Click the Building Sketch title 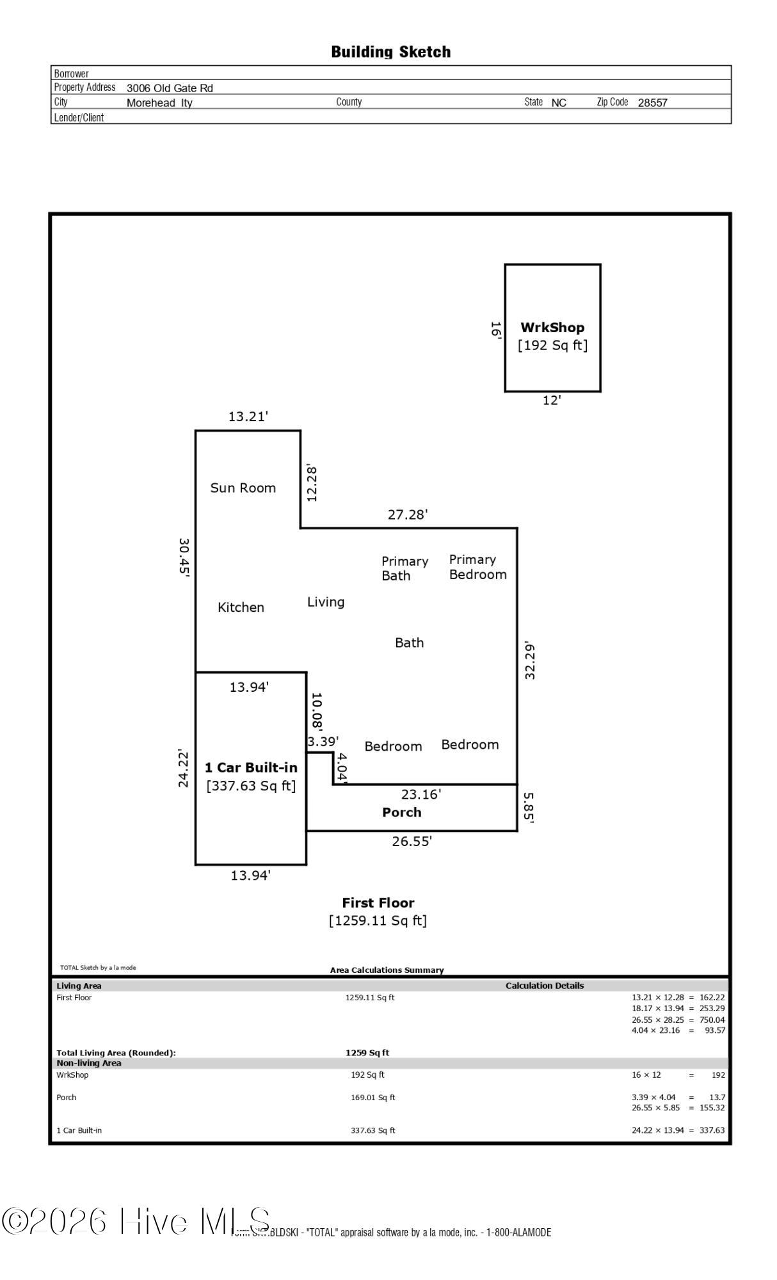coord(390,52)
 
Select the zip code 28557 coord(652,102)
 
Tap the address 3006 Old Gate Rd coord(170,88)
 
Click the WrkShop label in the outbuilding coord(552,328)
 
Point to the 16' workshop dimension coord(495,329)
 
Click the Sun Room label coord(243,488)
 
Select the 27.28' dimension coord(408,515)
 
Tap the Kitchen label coord(241,607)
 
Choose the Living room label coord(326,602)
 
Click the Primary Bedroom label coord(477,567)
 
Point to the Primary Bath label coord(405,568)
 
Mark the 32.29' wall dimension coord(529,660)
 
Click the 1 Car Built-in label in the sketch coord(251,767)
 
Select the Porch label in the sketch coord(402,812)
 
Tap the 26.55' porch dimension coord(412,842)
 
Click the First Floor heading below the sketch coord(378,903)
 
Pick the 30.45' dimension coord(184,557)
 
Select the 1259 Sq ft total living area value coord(367,1053)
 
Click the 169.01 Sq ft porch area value coord(372,1098)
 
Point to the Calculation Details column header coord(545,986)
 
